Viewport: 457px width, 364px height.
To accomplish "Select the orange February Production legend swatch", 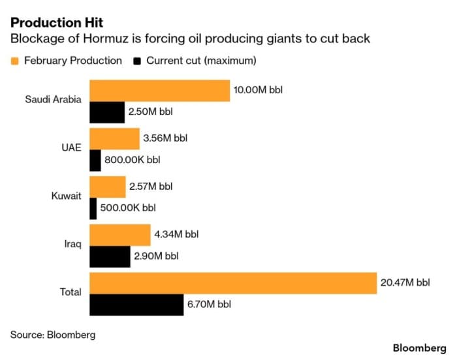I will click(x=15, y=61).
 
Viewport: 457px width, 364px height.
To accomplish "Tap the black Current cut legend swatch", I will click(x=136, y=61).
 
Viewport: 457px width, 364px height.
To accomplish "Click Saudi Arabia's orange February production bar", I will click(x=159, y=91).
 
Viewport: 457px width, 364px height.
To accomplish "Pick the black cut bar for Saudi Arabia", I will click(x=106, y=112).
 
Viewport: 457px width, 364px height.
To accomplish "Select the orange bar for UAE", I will click(x=114, y=138).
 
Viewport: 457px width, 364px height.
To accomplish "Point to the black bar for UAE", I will click(x=95, y=160).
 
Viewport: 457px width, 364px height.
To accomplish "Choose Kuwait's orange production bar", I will click(x=107, y=187).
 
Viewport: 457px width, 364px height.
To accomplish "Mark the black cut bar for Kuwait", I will click(x=93, y=208).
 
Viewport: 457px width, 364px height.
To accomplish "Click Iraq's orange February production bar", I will click(x=119, y=235).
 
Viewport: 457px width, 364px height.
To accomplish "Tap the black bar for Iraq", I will click(x=109, y=256).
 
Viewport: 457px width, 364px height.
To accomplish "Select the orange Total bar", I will click(x=232, y=283).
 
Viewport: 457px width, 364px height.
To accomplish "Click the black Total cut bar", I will click(x=136, y=304).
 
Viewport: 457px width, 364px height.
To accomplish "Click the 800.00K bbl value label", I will click(x=132, y=160).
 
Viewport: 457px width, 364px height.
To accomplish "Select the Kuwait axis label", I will click(x=66, y=196).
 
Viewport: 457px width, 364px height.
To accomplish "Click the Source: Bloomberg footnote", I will click(x=52, y=335).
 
